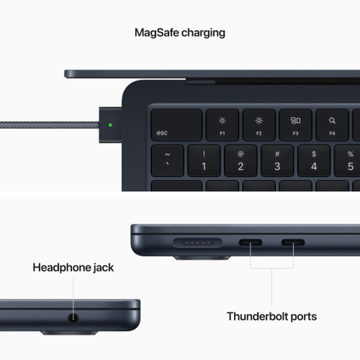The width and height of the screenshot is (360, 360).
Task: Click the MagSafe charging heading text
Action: point(179,33)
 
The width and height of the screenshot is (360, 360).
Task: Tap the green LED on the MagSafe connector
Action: point(111,124)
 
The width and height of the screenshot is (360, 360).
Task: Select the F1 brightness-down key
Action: point(222,124)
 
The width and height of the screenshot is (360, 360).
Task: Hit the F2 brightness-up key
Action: point(259,124)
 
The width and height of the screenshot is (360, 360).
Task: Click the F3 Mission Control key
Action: point(295,124)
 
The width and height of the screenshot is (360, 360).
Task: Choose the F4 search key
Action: point(332,124)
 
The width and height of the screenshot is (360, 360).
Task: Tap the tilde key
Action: point(166,160)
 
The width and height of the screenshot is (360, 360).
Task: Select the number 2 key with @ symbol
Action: point(240,160)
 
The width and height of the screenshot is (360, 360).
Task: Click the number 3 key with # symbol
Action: point(277,160)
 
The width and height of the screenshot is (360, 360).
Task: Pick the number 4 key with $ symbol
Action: point(313,160)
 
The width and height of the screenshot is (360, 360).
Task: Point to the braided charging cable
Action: point(45,124)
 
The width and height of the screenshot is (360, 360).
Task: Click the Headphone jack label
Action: point(73,268)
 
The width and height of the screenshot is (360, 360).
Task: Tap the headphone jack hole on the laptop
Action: point(73,317)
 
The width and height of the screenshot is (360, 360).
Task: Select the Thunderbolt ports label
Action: point(271,316)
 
